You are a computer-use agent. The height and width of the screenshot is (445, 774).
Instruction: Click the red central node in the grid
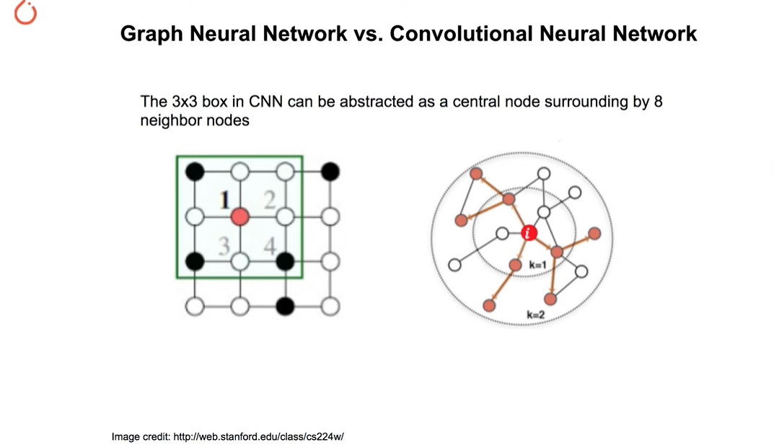[240, 216]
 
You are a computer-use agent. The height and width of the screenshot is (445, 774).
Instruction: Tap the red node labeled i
[529, 233]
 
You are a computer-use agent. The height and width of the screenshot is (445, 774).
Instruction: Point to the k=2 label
[536, 314]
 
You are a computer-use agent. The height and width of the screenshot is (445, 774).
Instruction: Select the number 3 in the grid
[224, 247]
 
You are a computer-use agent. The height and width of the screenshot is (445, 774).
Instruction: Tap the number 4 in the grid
[270, 246]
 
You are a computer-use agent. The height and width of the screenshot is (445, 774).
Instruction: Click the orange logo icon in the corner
[25, 14]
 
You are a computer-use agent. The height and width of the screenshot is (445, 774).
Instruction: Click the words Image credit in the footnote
[141, 437]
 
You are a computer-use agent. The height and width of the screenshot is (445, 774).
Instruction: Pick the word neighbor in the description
[168, 120]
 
